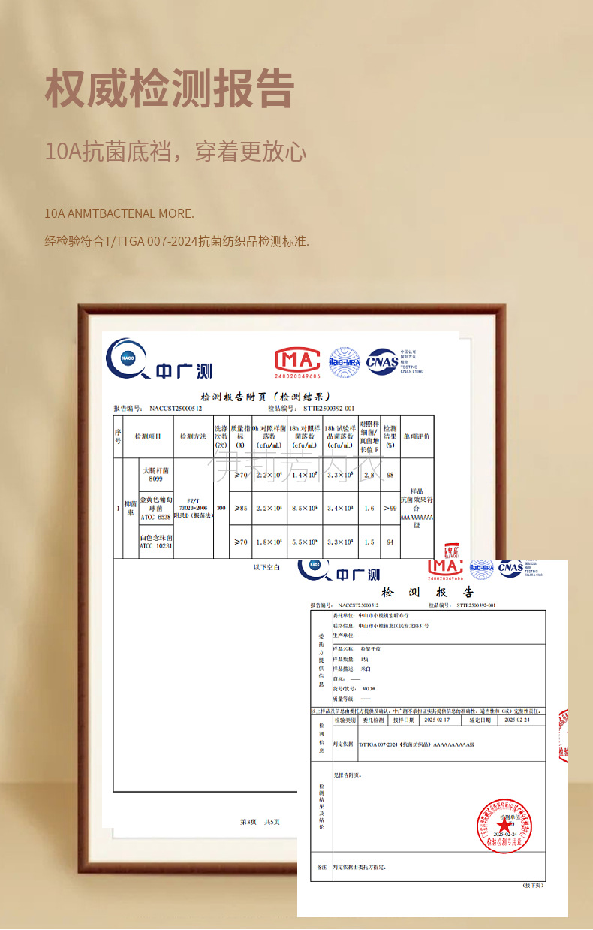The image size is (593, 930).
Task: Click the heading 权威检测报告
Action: pyautogui.click(x=169, y=89)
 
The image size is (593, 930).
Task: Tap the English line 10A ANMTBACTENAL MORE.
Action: pyautogui.click(x=119, y=213)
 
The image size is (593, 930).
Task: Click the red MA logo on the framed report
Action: pyautogui.click(x=297, y=362)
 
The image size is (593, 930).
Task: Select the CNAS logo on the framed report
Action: pyautogui.click(x=382, y=361)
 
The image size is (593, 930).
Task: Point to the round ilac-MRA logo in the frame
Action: pyautogui.click(x=345, y=361)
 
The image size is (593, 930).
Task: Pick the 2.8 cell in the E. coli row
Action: pyautogui.click(x=369, y=475)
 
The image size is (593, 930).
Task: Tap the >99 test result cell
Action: pyautogui.click(x=390, y=509)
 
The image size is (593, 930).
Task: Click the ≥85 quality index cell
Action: pyautogui.click(x=240, y=509)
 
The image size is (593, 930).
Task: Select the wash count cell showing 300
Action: pyautogui.click(x=221, y=509)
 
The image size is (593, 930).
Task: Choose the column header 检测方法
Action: pyautogui.click(x=193, y=436)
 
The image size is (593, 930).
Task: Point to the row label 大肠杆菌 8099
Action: pyautogui.click(x=155, y=474)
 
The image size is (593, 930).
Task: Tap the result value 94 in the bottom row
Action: pyautogui.click(x=390, y=542)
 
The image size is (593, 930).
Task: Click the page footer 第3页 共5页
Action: pyautogui.click(x=260, y=822)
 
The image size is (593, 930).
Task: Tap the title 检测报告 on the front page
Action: pyautogui.click(x=428, y=593)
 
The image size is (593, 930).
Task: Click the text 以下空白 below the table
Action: pyautogui.click(x=266, y=567)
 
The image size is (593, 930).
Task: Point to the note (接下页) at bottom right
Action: pyautogui.click(x=531, y=885)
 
